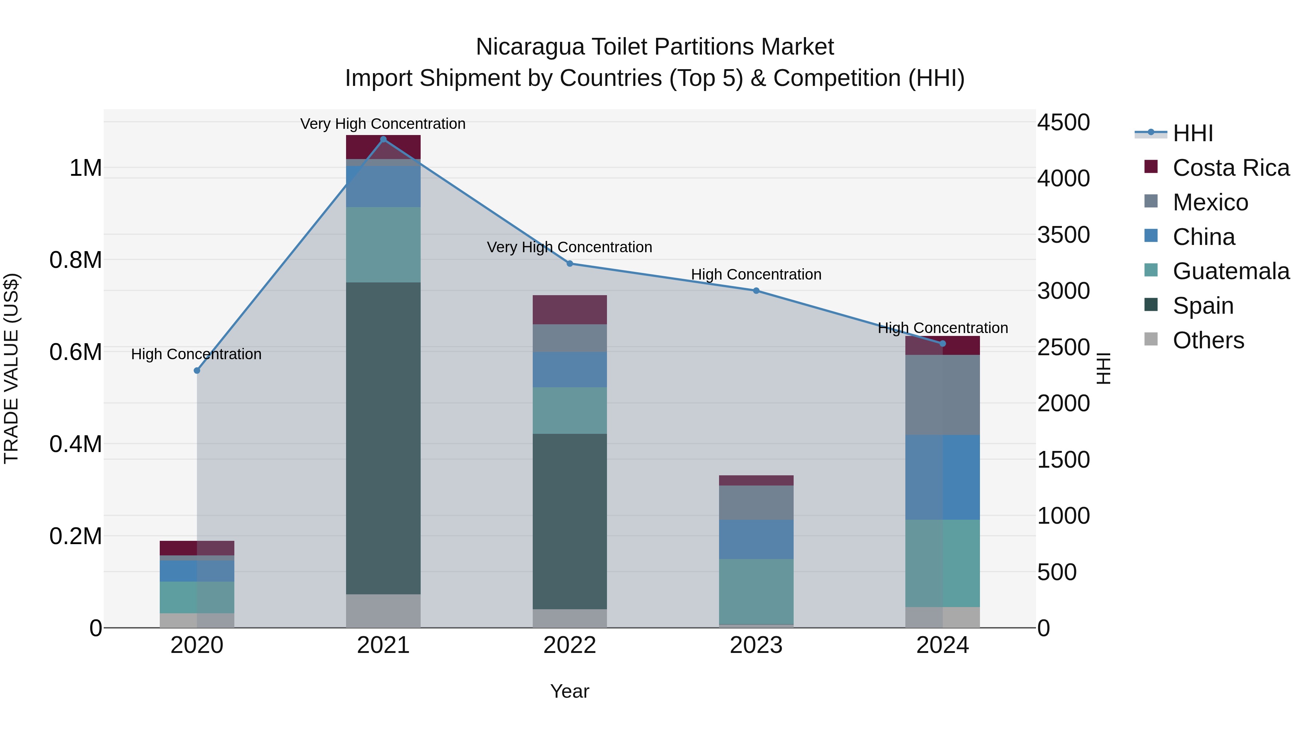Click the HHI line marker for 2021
[384, 139]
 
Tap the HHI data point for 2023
[756, 291]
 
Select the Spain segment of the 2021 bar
[384, 438]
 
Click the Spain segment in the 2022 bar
[569, 521]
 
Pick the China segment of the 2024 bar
[942, 477]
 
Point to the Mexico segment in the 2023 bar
[756, 503]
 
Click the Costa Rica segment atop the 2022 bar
[569, 309]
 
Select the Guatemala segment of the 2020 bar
[197, 597]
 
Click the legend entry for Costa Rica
[1230, 168]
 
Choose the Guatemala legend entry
[1230, 271]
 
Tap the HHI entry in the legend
[1192, 133]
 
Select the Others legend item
[1208, 340]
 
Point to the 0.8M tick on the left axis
[76, 260]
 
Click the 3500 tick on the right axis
[1063, 235]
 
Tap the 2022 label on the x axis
[569, 645]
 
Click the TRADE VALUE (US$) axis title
[11, 368]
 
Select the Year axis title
[569, 691]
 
